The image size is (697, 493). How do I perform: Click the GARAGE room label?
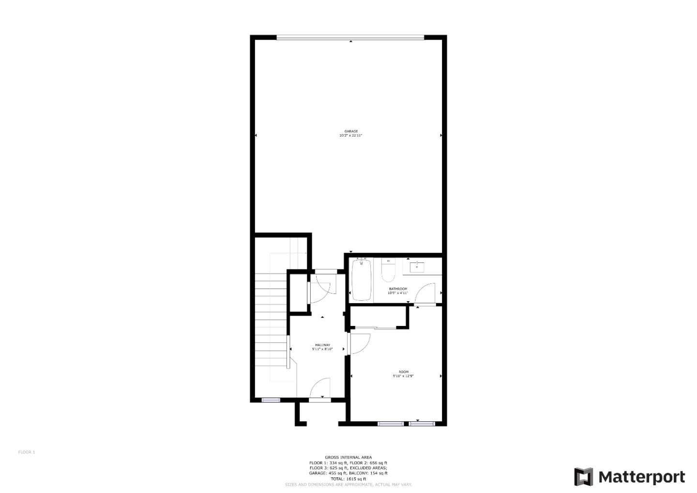coord(351,131)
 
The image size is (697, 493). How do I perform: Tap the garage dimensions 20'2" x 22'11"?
coord(351,136)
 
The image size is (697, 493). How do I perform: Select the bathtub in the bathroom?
coord(361,280)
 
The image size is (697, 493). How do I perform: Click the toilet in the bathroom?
coord(388,271)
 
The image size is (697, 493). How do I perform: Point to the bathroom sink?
coord(417,266)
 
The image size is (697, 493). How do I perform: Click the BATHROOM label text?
coord(398,289)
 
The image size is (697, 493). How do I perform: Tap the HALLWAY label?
coord(322,345)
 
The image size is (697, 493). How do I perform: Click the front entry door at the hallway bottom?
coord(320,390)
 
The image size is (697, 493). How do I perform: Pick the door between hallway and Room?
coord(359,343)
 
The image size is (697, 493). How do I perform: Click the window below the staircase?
coord(271,400)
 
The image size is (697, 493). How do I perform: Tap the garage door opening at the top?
coord(350,37)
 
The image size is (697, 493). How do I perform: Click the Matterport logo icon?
coord(583,477)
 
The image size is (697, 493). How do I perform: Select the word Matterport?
coord(642,477)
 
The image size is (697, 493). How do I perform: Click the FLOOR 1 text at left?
coord(27,452)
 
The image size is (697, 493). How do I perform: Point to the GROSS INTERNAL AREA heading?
coord(348,457)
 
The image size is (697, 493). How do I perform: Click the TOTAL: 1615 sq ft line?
coord(348,478)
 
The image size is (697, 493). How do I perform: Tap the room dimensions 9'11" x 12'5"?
coord(403,376)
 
